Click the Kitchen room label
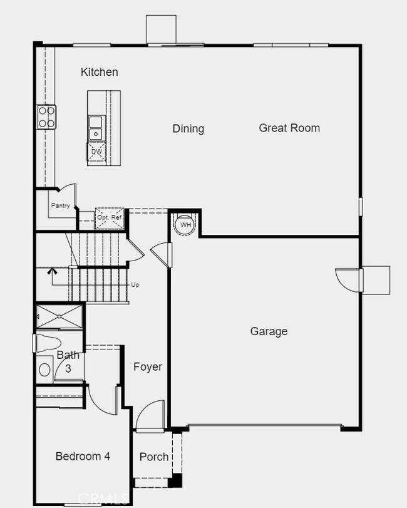click(x=99, y=72)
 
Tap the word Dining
click(x=188, y=128)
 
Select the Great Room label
click(x=289, y=128)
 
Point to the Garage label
click(x=269, y=331)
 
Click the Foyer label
click(x=148, y=367)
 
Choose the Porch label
click(x=154, y=457)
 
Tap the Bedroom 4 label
click(x=83, y=456)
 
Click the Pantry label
click(x=60, y=205)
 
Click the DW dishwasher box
click(x=96, y=152)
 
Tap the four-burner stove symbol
click(x=47, y=117)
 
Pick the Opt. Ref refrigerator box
click(x=110, y=217)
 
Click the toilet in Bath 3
click(x=48, y=344)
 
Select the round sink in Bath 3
click(x=44, y=370)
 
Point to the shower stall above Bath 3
click(x=59, y=316)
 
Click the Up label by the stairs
click(x=135, y=284)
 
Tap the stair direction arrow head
click(x=52, y=271)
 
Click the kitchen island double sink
click(x=96, y=127)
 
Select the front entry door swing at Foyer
click(x=150, y=416)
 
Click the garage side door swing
click(x=349, y=279)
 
